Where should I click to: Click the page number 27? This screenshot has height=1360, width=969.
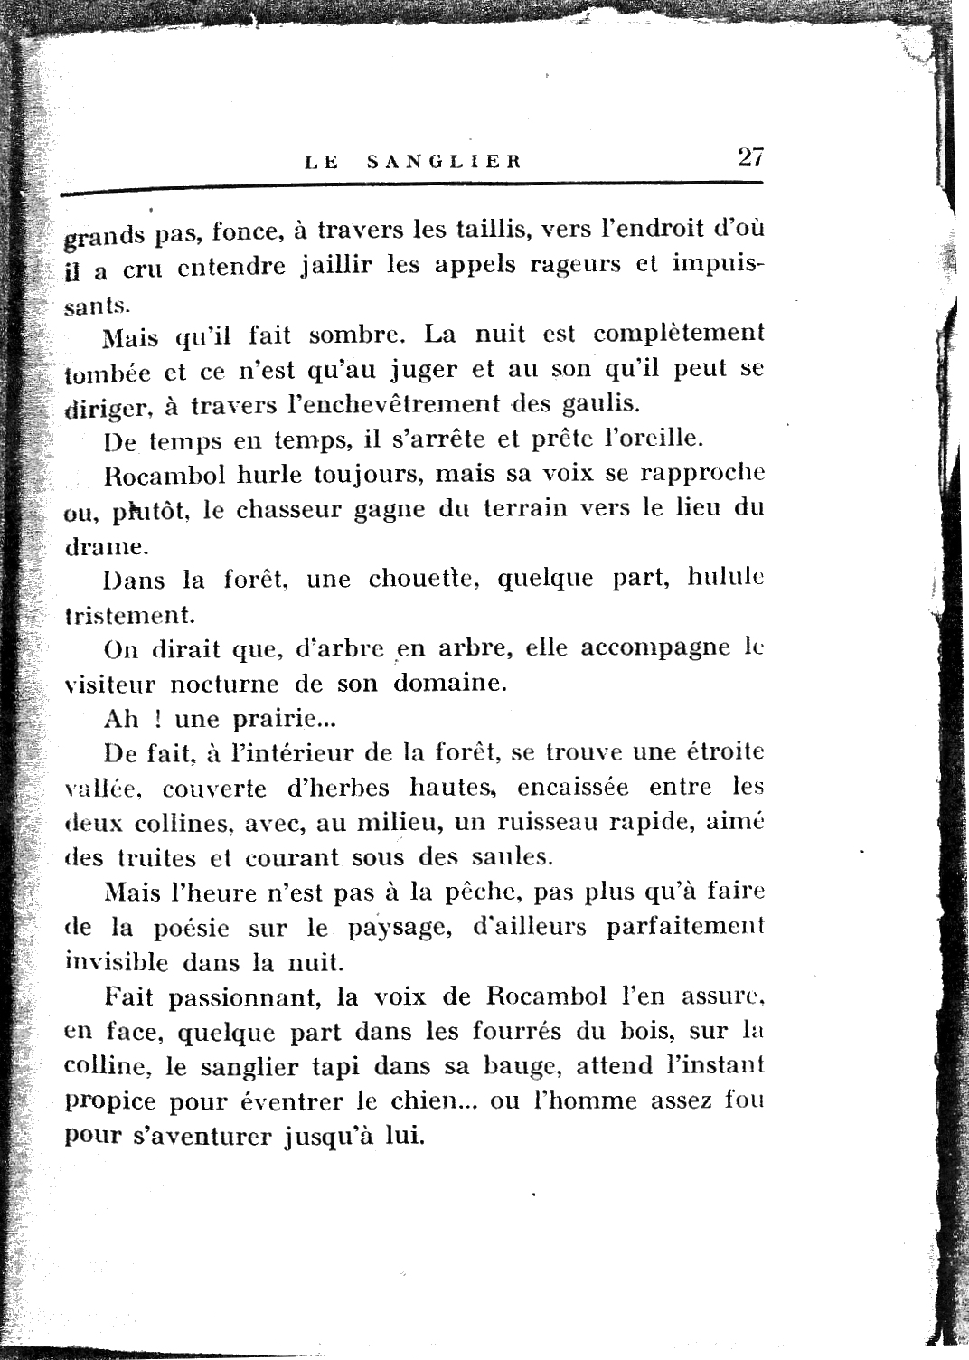(x=750, y=157)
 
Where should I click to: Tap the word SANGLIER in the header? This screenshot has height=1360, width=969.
(x=446, y=163)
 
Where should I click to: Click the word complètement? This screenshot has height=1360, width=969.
(x=678, y=334)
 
